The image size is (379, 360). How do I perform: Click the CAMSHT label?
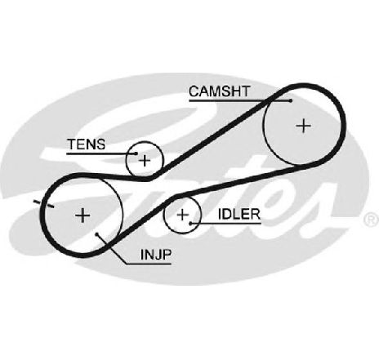coord(219,91)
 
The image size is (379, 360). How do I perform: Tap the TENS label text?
coord(87,144)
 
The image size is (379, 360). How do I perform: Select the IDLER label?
coord(239,215)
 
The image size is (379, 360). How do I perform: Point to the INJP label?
coord(156,255)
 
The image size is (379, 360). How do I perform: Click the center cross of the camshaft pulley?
coord(303,126)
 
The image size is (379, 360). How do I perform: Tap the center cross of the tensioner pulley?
coord(145,161)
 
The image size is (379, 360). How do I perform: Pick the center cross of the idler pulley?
coord(182,215)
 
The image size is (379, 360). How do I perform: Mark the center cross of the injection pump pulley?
coord(82,216)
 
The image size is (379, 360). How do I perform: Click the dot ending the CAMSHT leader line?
coord(291,100)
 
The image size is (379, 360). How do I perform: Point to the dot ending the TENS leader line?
coord(136,153)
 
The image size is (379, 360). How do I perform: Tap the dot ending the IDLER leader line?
coord(191,224)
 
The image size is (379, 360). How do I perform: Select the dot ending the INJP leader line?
coord(97,234)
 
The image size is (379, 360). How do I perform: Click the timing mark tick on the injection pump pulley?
coord(43,204)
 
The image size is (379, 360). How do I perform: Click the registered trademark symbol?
coord(372,220)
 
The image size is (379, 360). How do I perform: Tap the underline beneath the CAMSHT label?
coord(239,100)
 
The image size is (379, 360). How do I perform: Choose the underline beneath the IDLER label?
coord(226,224)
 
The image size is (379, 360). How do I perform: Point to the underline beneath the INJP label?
coord(149,264)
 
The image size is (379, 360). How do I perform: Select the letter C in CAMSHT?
coord(194,91)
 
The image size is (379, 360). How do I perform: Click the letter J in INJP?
coord(157,255)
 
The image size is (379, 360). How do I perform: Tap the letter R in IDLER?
coord(256,215)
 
